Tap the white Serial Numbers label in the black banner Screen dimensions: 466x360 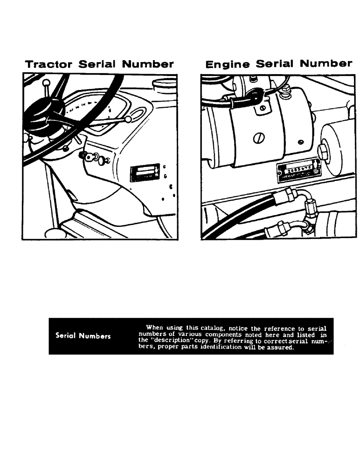coord(83,336)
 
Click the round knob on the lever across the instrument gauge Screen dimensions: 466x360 coord(128,120)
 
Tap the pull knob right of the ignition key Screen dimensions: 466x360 coord(99,159)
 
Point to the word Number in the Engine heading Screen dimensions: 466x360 coord(326,64)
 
